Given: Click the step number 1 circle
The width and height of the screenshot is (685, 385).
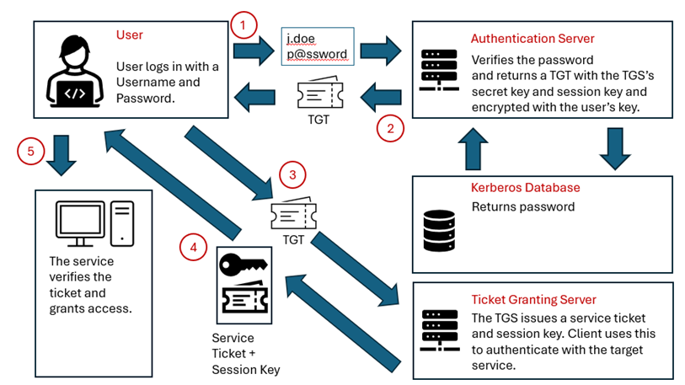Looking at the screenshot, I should pos(243,25).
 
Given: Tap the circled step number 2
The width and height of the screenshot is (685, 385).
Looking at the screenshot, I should pos(389,129).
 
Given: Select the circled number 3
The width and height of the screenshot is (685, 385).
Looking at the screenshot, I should pos(292,175).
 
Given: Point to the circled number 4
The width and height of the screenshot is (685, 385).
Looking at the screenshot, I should pos(193,248).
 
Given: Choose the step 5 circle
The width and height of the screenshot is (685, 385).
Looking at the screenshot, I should pos(30,152).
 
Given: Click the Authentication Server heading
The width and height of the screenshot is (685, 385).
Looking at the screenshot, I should pos(532,39).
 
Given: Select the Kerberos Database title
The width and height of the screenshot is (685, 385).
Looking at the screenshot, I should pos(525,187).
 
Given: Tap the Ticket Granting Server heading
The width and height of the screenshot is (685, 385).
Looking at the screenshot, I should pos(533,299).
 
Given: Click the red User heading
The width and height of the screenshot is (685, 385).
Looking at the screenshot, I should pos(130,35).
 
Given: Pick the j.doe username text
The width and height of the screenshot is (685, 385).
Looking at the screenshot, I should pos(302,38).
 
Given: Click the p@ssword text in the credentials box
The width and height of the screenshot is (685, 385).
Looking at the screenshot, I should pos(317,54).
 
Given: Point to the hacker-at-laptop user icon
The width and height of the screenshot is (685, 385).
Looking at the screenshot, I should pos(76,73).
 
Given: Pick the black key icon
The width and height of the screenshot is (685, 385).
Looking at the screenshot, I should pos(243,265).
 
